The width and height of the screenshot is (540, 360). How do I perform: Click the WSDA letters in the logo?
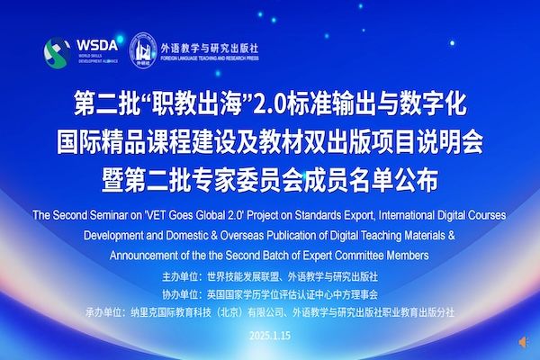[97, 45]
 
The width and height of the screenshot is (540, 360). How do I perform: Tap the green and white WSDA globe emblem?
[57, 52]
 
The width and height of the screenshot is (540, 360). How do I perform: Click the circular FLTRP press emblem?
[143, 50]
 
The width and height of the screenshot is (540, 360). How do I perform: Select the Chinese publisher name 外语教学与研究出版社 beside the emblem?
[210, 48]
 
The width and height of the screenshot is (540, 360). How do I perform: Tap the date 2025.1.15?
[270, 336]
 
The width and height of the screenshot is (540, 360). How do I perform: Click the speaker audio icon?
[523, 342]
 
